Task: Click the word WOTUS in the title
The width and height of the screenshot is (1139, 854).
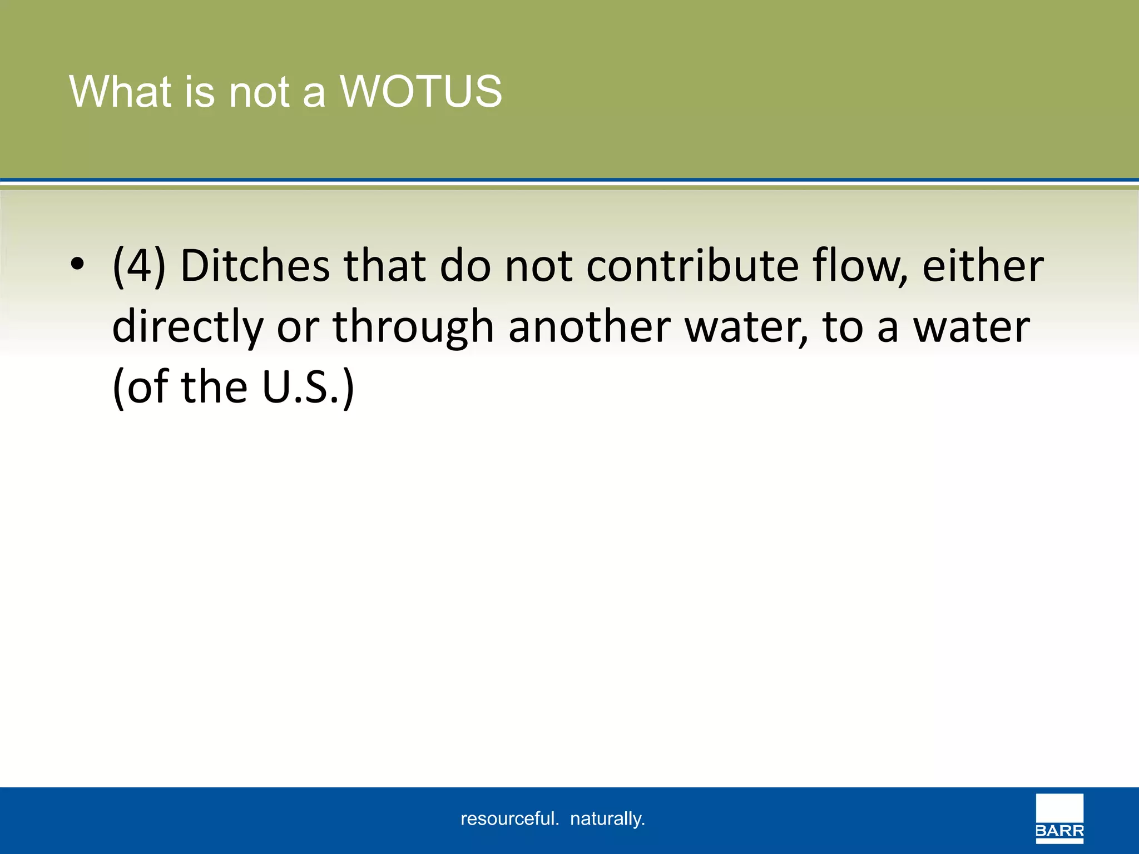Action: pyautogui.click(x=421, y=92)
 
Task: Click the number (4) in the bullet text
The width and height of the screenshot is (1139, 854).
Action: pyautogui.click(x=139, y=267)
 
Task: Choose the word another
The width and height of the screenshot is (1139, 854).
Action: pyautogui.click(x=589, y=327)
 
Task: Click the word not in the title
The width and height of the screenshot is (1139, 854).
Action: pyautogui.click(x=259, y=92)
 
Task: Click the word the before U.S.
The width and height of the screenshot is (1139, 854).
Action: pyautogui.click(x=214, y=387)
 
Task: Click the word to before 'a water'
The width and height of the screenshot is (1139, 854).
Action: pyautogui.click(x=843, y=327)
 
